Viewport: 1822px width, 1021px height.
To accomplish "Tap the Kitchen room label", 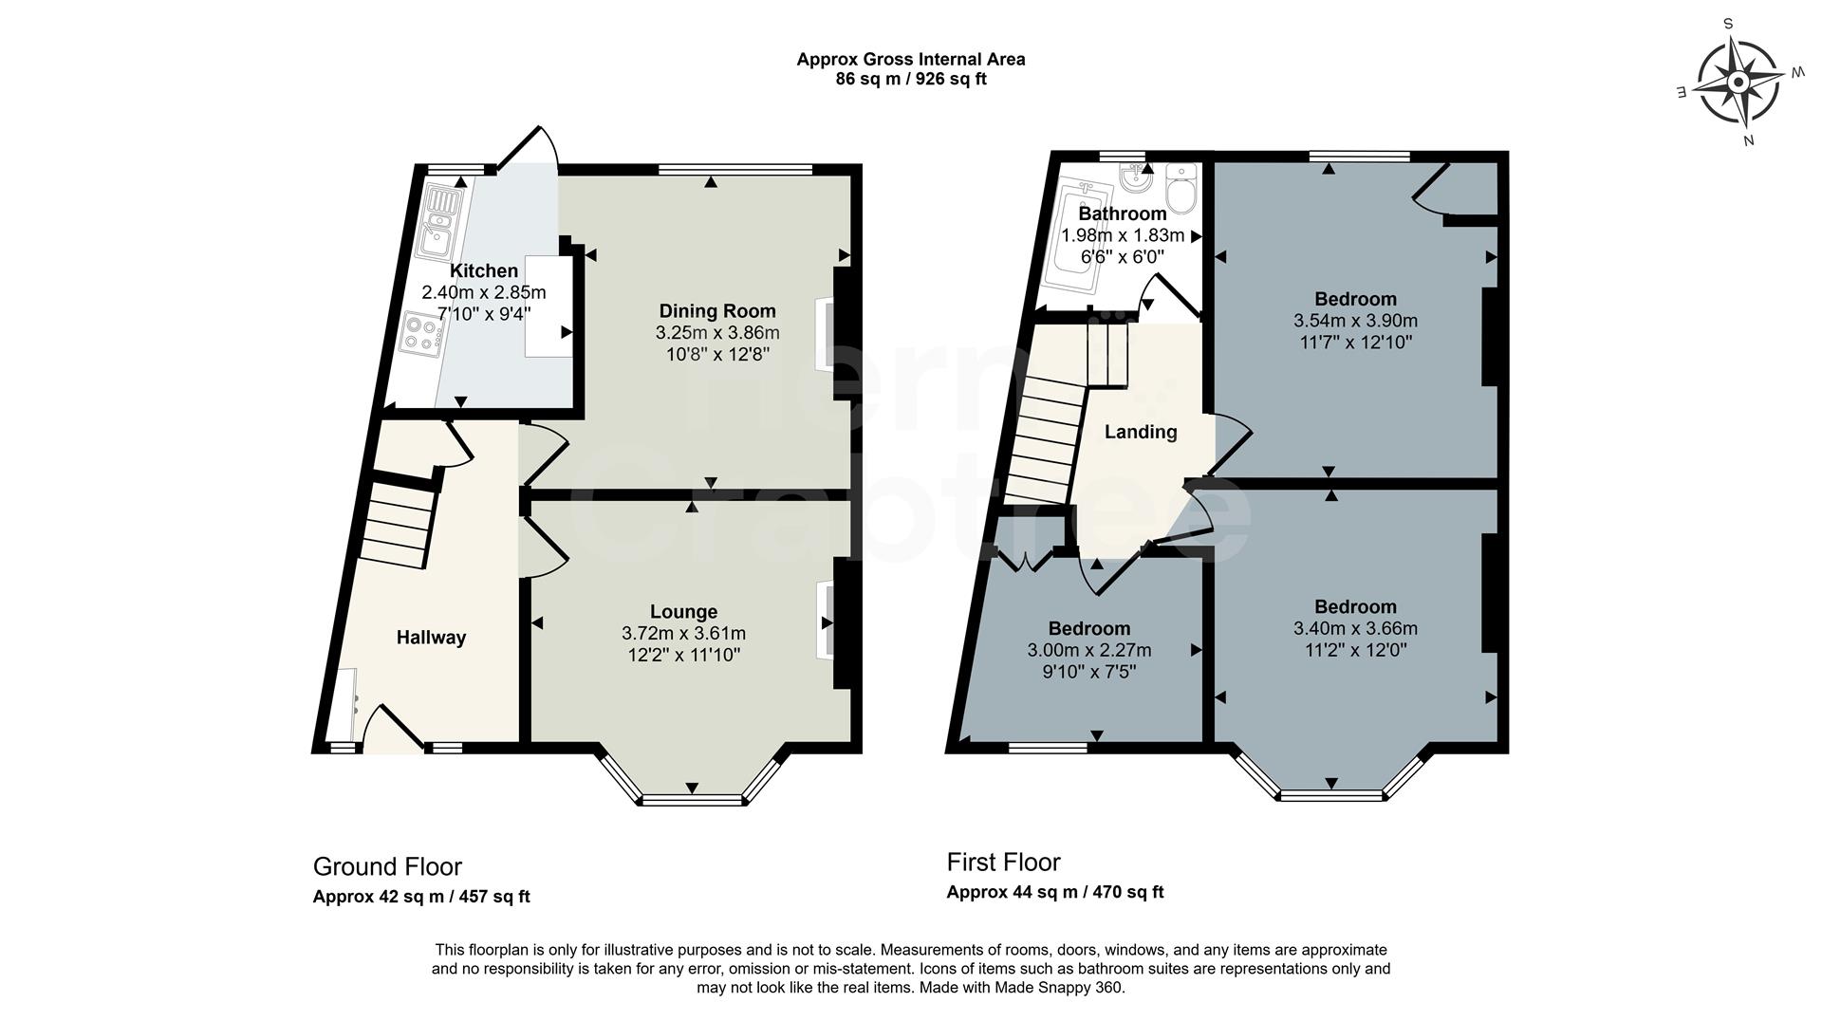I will click(x=484, y=271).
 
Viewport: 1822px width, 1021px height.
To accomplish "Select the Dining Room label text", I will click(x=717, y=311).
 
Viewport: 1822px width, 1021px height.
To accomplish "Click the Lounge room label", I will click(x=683, y=612).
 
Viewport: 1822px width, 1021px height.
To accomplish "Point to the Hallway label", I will click(x=431, y=638).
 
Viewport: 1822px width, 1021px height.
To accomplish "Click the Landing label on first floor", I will click(x=1141, y=433).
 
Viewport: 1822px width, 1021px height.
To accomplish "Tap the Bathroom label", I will click(x=1123, y=214).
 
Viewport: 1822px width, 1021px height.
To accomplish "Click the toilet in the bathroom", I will click(x=1181, y=191).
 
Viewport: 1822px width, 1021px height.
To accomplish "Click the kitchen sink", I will click(x=441, y=223).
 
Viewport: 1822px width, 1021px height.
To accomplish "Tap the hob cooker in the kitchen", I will click(x=423, y=333).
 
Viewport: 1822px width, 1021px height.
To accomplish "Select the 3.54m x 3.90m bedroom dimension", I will click(x=1355, y=322).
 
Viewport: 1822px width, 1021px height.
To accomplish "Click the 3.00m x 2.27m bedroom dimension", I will click(x=1088, y=651).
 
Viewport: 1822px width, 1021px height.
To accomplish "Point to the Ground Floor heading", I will click(x=387, y=867).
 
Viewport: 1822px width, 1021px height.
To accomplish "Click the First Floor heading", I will click(x=1003, y=863).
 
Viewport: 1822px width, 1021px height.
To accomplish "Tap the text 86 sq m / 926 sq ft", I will click(x=910, y=80).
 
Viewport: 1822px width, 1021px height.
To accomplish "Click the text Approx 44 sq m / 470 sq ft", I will click(x=1054, y=892).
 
